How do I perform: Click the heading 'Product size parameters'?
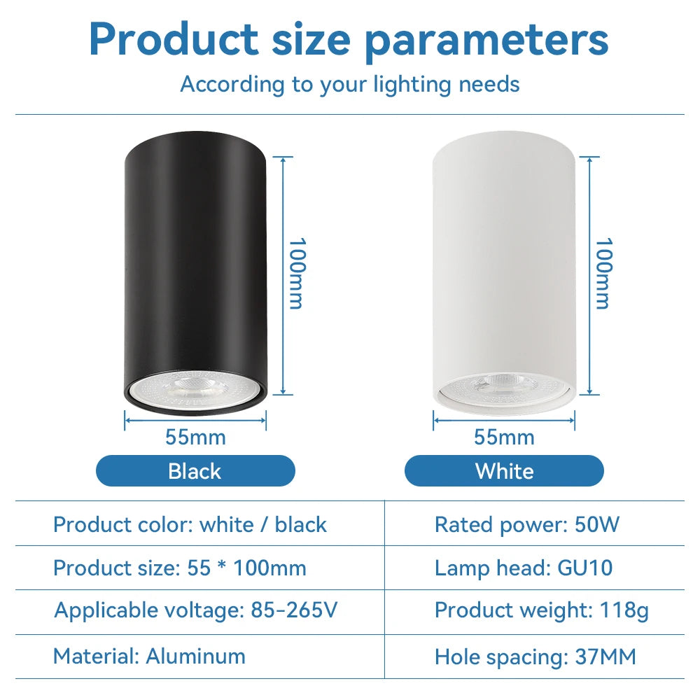349,40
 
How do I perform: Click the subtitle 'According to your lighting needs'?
350,85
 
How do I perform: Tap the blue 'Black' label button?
195,471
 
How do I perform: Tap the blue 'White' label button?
504,471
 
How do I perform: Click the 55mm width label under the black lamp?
195,437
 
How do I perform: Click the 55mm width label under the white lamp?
504,437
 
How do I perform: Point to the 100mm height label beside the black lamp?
297,273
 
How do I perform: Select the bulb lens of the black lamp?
195,388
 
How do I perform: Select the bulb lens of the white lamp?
503,388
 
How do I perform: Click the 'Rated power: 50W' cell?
527,524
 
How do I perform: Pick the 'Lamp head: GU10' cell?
524,568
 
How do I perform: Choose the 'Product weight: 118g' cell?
542,610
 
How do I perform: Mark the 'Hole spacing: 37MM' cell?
535,657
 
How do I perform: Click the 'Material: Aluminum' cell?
149,657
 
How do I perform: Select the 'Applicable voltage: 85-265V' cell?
195,610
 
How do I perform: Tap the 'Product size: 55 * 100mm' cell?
179,568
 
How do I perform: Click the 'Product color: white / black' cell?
190,524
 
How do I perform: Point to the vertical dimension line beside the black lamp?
283,276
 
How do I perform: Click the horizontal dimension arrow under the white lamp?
504,420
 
